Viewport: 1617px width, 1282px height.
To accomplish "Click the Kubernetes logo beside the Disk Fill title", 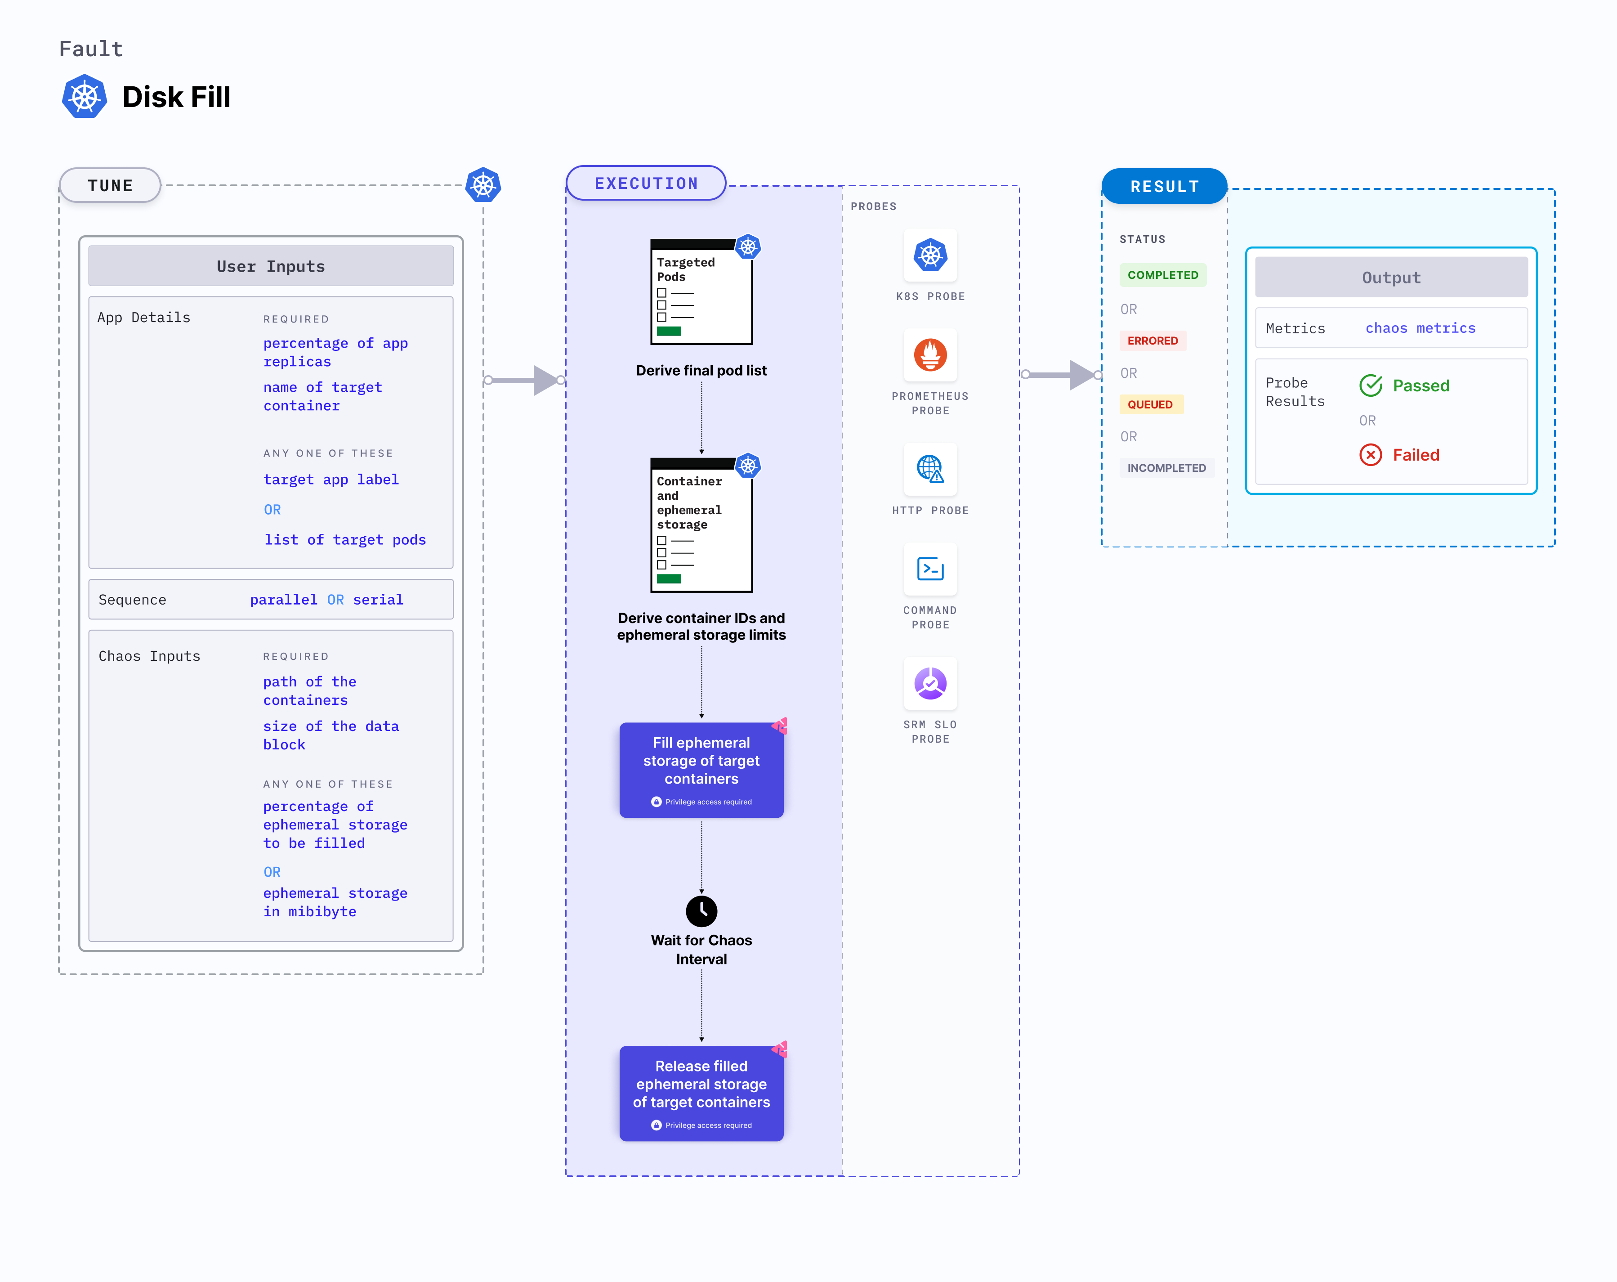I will (85, 97).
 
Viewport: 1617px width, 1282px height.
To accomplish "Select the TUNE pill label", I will (110, 185).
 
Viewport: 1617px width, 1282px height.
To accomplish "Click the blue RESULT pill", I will (1164, 186).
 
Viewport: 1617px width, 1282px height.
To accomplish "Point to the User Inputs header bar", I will (271, 266).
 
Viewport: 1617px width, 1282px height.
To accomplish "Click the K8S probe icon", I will (930, 255).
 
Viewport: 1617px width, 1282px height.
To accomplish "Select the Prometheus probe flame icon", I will (930, 355).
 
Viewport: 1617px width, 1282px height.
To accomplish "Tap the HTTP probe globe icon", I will (930, 469).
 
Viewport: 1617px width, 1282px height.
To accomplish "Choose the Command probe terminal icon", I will (930, 569).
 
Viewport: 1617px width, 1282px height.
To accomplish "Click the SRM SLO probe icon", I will (930, 683).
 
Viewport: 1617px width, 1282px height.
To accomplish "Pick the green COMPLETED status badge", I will (1162, 274).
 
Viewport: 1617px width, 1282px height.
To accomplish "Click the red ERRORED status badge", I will (1153, 341).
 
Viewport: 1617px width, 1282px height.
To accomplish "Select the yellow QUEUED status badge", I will (1151, 404).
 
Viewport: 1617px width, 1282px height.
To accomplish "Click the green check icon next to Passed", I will (1370, 385).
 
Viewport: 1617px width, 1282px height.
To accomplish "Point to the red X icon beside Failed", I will (1370, 455).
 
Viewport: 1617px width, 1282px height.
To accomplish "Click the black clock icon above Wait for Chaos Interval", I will (701, 911).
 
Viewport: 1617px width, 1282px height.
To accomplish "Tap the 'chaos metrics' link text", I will (1420, 328).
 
